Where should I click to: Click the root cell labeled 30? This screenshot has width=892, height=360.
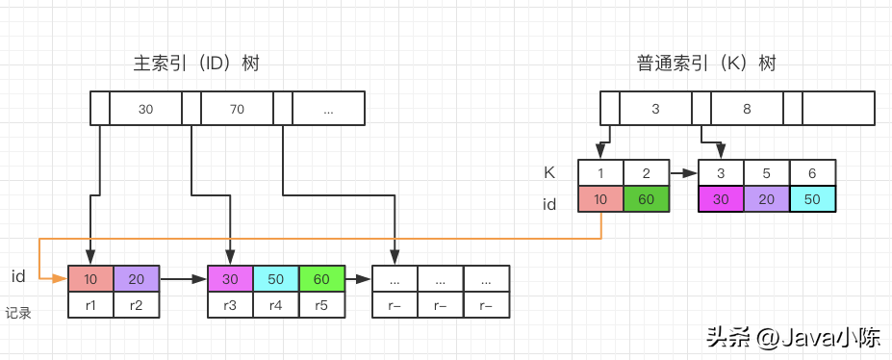pyautogui.click(x=145, y=109)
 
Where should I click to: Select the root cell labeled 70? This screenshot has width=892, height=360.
pyautogui.click(x=238, y=109)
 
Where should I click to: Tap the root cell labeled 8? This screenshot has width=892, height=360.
pyautogui.click(x=747, y=109)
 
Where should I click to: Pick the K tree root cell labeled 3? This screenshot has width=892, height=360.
pyautogui.click(x=655, y=109)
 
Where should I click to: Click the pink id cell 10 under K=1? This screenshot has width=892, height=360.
pyautogui.click(x=600, y=199)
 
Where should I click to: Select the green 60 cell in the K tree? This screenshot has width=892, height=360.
pyautogui.click(x=647, y=199)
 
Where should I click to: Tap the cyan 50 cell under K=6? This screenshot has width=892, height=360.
pyautogui.click(x=812, y=199)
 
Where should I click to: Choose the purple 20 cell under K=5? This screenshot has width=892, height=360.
pyautogui.click(x=767, y=199)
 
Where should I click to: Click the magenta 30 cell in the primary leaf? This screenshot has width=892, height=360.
pyautogui.click(x=230, y=279)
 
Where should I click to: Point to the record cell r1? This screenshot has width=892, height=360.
pyautogui.click(x=91, y=305)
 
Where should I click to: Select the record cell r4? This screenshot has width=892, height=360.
pyautogui.click(x=276, y=305)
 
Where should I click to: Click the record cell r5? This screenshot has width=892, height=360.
pyautogui.click(x=321, y=305)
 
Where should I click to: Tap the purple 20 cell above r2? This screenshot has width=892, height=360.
pyautogui.click(x=137, y=279)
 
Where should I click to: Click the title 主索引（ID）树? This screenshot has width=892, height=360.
pyautogui.click(x=196, y=64)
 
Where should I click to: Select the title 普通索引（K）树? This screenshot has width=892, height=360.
pyautogui.click(x=706, y=64)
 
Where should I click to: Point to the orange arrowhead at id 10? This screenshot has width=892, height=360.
pyautogui.click(x=61, y=279)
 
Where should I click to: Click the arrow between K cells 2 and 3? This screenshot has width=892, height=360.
pyautogui.click(x=683, y=172)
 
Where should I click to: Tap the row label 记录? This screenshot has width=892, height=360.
pyautogui.click(x=18, y=313)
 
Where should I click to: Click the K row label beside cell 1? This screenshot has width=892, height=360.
pyautogui.click(x=549, y=173)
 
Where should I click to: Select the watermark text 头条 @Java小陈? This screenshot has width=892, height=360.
pyautogui.click(x=793, y=338)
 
